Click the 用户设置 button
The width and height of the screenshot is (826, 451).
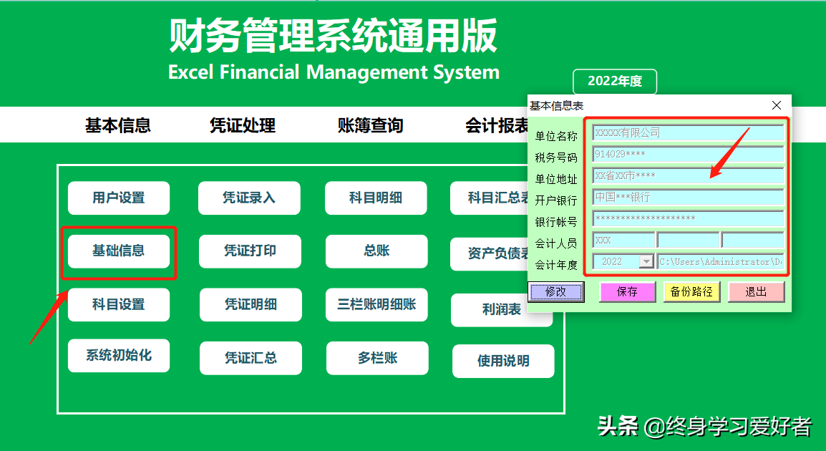119,198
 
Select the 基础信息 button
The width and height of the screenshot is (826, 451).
119,251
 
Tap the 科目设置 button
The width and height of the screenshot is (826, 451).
119,304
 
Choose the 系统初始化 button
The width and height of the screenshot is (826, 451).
119,355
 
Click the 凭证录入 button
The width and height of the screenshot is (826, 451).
249,198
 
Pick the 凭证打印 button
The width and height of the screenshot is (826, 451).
250,251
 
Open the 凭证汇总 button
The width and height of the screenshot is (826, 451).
251,358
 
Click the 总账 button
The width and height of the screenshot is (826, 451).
376,251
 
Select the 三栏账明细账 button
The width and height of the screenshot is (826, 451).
376,304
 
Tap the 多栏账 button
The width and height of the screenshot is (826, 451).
377,358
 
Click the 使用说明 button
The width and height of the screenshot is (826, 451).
503,361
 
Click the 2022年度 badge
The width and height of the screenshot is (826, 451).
615,82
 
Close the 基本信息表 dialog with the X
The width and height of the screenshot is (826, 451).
777,105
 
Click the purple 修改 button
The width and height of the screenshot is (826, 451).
556,291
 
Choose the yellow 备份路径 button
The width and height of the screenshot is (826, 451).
692,291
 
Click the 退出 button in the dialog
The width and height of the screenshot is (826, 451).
757,291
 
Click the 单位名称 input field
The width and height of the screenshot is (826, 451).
688,133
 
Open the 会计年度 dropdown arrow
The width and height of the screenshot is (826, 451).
646,262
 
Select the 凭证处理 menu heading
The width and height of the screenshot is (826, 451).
243,126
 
